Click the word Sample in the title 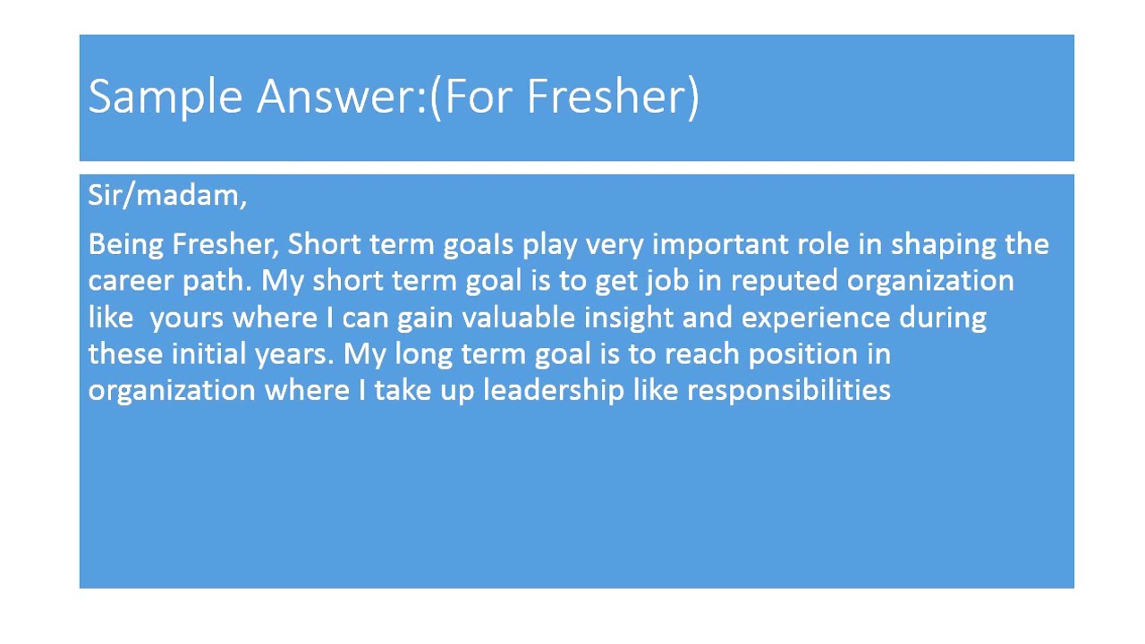coord(165,97)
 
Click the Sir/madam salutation coord(167,195)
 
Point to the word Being coord(126,245)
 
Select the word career coord(131,282)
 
